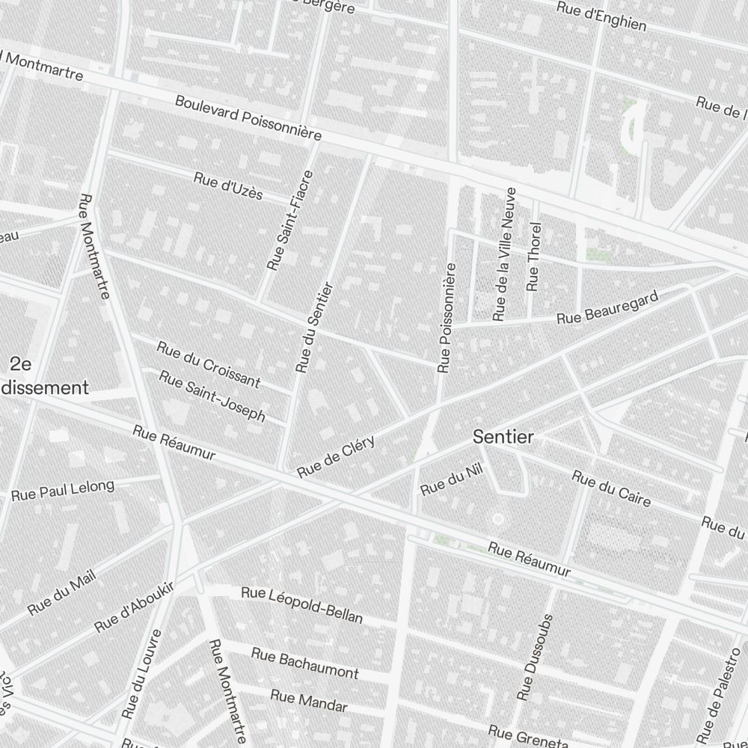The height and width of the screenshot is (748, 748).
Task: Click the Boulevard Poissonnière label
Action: pos(248,118)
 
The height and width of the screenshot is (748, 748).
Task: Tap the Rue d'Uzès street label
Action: pos(228,186)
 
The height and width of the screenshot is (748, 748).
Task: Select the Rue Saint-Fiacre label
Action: pos(290,220)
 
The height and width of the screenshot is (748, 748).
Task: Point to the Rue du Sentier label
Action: pos(313,327)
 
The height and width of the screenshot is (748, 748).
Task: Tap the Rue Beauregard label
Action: pos(608,308)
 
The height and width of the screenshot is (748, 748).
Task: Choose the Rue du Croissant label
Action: pos(208,365)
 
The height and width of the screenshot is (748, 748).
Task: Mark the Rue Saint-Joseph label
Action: pos(212,396)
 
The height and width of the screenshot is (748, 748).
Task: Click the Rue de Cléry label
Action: pos(335,456)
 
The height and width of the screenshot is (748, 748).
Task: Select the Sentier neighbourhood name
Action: pos(503,438)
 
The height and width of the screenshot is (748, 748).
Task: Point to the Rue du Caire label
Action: pos(611,488)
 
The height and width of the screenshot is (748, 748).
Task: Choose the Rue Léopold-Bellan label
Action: pos(301,605)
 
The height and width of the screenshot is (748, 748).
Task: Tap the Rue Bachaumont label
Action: pos(304,663)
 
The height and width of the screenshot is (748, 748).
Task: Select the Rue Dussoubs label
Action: pos(536,659)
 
